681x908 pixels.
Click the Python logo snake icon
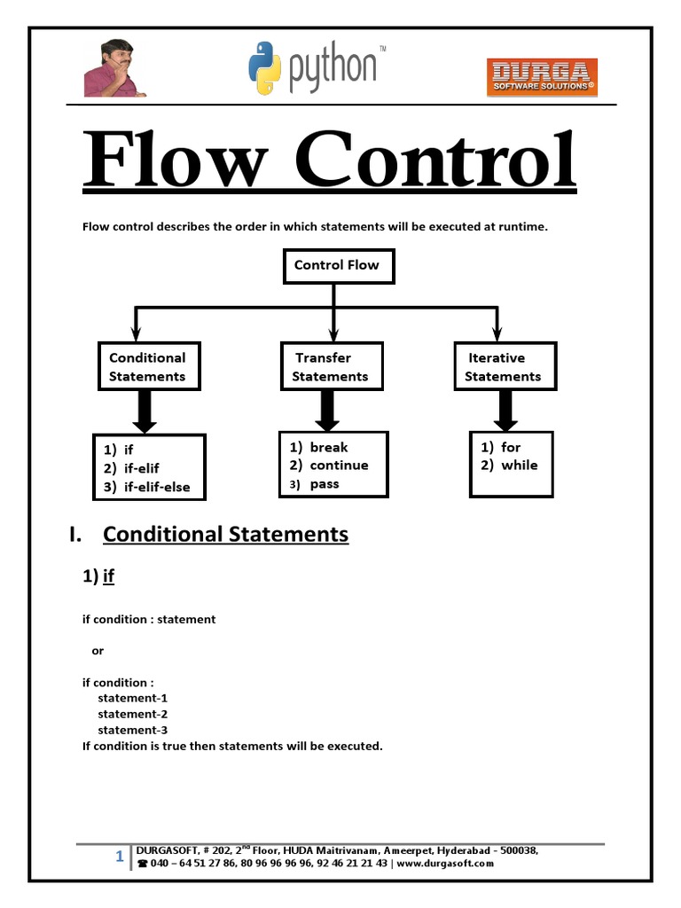pyautogui.click(x=264, y=68)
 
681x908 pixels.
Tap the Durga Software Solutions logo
pyautogui.click(x=542, y=77)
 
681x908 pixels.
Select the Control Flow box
pyautogui.click(x=336, y=265)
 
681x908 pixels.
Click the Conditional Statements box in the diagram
pyautogui.click(x=147, y=367)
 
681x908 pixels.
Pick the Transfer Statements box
pyautogui.click(x=330, y=367)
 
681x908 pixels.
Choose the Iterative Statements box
pyautogui.click(x=505, y=367)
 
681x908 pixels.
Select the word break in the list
pyautogui.click(x=329, y=448)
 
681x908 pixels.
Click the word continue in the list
pyautogui.click(x=339, y=466)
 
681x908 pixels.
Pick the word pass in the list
pyautogui.click(x=325, y=484)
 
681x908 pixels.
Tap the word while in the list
pyautogui.click(x=519, y=466)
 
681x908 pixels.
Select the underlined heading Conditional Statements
pyautogui.click(x=225, y=535)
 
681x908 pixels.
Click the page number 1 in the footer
pyautogui.click(x=119, y=857)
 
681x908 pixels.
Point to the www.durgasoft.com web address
pyautogui.click(x=445, y=863)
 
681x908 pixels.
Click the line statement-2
pyautogui.click(x=133, y=714)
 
